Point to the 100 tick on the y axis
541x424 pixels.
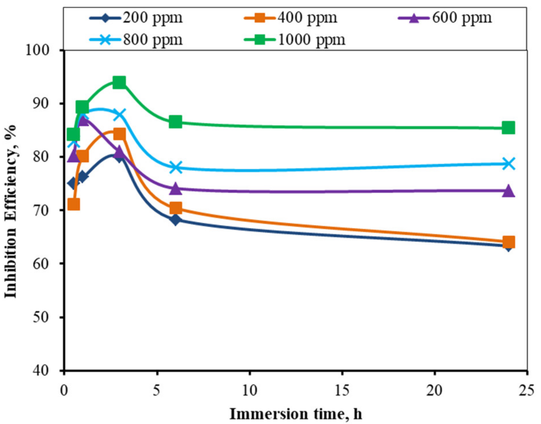[37, 50]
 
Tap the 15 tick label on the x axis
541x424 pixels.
[342, 391]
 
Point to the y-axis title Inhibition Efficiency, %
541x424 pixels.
[11, 211]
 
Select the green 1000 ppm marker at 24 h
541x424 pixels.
[508, 128]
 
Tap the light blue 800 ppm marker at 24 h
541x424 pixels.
[508, 164]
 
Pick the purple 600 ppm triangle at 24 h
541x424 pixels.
[508, 191]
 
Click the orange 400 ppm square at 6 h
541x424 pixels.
[175, 208]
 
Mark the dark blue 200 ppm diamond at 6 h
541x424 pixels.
[175, 220]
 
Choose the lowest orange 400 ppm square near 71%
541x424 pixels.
[74, 205]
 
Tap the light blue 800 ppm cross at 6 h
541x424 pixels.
[176, 167]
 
